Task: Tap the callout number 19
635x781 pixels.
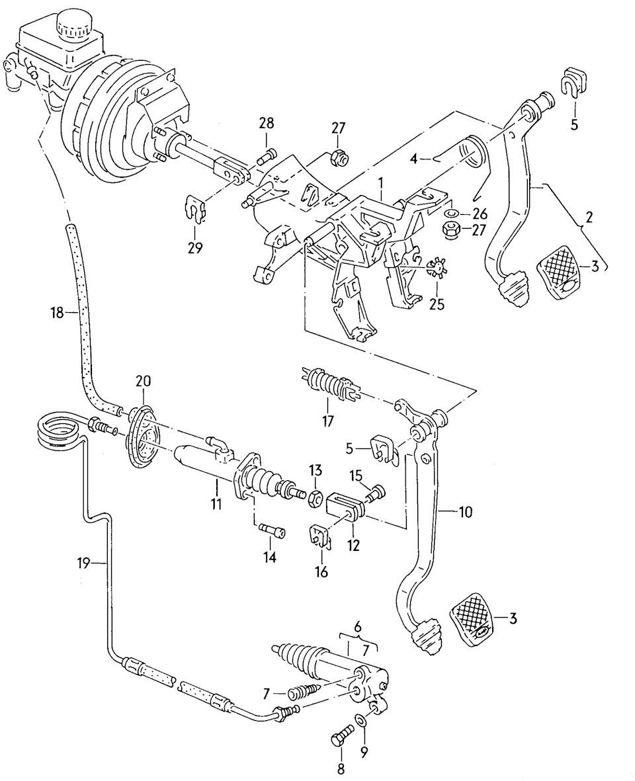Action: tap(83, 563)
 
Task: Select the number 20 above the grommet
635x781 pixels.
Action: tap(144, 381)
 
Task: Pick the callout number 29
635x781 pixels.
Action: tap(196, 248)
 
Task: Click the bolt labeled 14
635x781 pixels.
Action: tap(271, 529)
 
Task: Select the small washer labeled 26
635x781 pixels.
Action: tap(450, 214)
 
